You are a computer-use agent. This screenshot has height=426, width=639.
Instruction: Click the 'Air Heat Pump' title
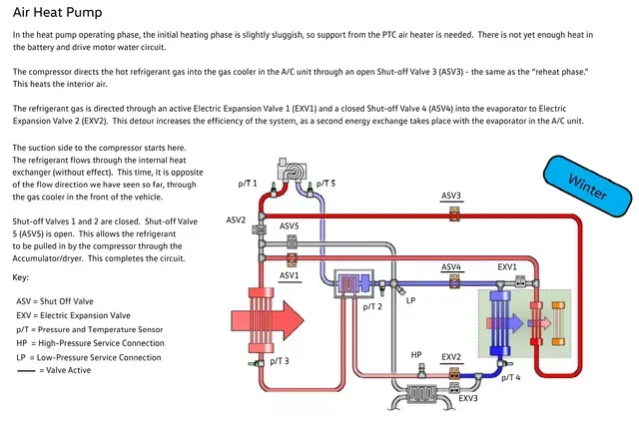point(58,13)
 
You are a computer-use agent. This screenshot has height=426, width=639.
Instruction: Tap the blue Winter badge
point(587,187)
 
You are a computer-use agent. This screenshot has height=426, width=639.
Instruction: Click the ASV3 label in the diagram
point(451,196)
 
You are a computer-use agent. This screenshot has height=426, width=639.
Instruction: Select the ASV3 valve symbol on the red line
point(455,213)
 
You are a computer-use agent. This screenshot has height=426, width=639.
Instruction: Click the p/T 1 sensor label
point(248,184)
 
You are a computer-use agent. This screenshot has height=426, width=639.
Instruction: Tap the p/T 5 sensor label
point(325,184)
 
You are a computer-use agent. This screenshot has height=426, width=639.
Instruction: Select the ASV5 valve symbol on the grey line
point(292,242)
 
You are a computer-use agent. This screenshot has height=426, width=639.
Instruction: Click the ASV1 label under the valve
point(289,275)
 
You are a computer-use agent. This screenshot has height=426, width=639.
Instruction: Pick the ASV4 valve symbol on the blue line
point(455,281)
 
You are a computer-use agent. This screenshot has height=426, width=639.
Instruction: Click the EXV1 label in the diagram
point(507,267)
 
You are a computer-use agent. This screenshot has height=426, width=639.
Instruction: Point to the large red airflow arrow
point(268,320)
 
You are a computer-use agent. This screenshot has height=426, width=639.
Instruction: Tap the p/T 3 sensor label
point(280,361)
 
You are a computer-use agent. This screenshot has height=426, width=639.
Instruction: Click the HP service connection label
point(416,355)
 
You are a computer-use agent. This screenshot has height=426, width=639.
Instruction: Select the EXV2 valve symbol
point(454,374)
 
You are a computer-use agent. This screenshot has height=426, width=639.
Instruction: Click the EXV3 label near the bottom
point(468,398)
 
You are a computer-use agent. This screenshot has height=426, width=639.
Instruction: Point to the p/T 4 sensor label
point(510,378)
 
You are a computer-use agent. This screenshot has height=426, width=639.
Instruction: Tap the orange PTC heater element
point(558,324)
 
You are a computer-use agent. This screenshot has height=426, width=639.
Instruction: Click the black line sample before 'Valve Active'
point(26,371)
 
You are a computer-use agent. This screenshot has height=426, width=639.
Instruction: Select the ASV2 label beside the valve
point(236,219)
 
